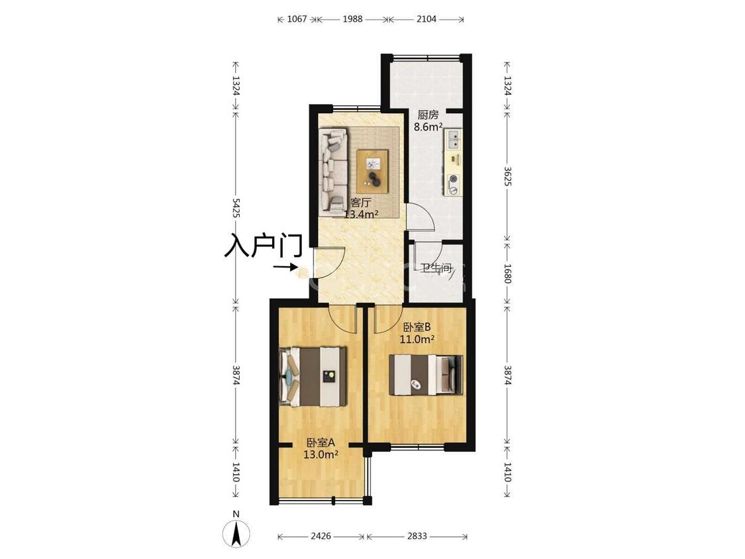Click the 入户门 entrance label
263,245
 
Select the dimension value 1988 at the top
352,19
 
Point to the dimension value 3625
507,176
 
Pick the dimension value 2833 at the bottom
417,536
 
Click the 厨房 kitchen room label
428,115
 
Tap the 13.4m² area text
361,214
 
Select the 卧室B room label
417,327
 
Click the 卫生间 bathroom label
436,268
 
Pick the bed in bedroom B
426,375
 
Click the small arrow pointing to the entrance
285,267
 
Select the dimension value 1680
507,274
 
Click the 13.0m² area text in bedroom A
321,454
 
